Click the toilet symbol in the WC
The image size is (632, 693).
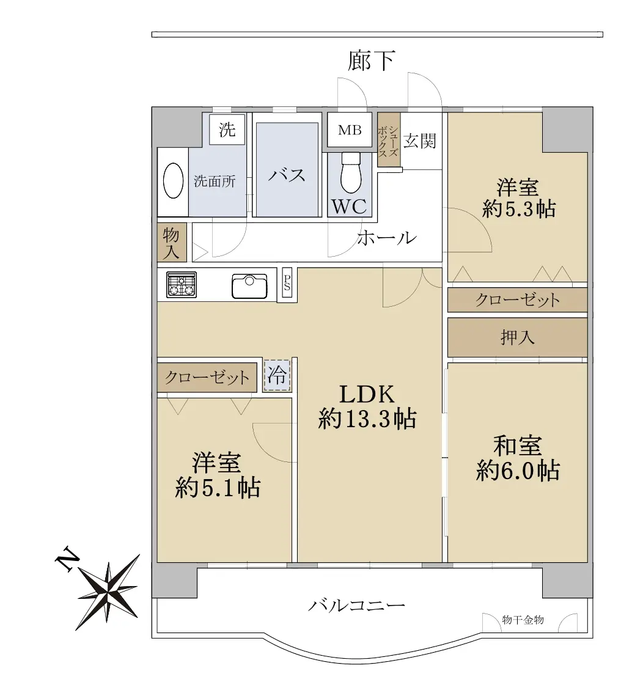coord(351,173)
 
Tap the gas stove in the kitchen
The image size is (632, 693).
coord(182,285)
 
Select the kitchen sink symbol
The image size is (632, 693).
coord(250,286)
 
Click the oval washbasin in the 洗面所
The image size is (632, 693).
coord(173,182)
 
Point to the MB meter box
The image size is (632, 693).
coord(350,130)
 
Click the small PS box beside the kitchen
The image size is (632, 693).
coord(287,285)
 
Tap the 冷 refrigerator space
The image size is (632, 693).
coord(277,376)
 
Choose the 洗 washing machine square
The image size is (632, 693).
coord(227,129)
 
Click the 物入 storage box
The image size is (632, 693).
coord(172,242)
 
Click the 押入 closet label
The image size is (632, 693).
coord(518,338)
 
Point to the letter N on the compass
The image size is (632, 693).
coord(68,559)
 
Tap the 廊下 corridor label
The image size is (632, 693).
coord(371,61)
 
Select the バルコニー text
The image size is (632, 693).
coord(357,605)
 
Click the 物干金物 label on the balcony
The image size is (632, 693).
coord(523,620)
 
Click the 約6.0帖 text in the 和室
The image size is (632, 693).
coord(518,471)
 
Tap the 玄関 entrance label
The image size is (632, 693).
coord(419,141)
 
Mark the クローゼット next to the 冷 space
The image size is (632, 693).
coord(207,377)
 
